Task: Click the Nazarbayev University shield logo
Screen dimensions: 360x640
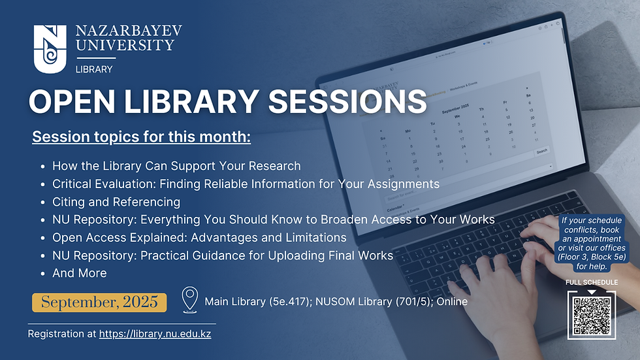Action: tap(50, 49)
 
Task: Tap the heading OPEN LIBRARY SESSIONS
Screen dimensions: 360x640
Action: tap(227, 103)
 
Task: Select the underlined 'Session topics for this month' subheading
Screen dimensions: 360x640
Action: tap(141, 138)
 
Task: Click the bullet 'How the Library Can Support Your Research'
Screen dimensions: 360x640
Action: tap(176, 166)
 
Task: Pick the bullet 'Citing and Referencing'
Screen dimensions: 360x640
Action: tap(116, 202)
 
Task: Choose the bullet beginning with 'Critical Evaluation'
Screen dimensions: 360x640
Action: tap(246, 184)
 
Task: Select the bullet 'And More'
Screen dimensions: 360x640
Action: tap(79, 272)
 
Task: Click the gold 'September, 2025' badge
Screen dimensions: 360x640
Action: tap(100, 302)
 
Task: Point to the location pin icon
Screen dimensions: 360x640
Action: tap(189, 300)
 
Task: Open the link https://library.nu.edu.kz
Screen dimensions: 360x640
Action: tap(155, 334)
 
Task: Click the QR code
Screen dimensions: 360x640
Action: tap(592, 314)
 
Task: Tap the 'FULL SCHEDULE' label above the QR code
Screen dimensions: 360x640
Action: tap(592, 282)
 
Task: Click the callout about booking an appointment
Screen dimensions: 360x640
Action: tap(592, 243)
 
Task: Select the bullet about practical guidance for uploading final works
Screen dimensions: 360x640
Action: tap(222, 255)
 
